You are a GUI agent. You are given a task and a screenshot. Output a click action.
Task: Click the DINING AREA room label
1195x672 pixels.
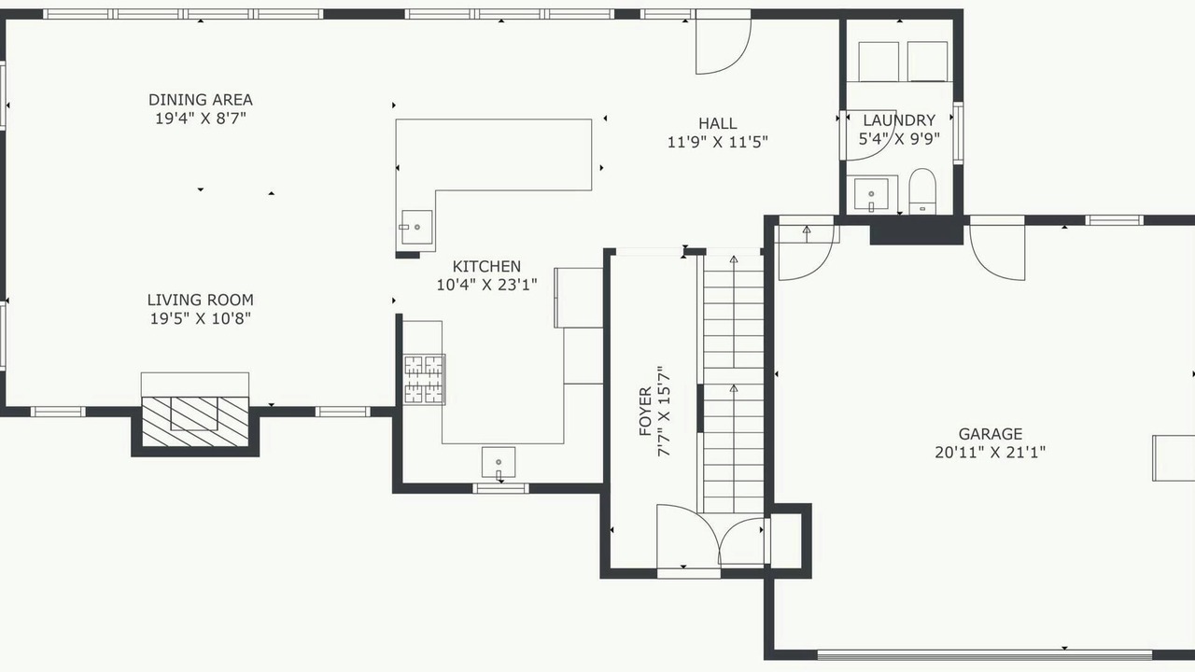pos(201,100)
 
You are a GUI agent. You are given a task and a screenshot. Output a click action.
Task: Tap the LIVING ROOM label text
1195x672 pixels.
pos(201,300)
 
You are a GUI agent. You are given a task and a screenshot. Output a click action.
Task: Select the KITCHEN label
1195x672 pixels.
pos(486,266)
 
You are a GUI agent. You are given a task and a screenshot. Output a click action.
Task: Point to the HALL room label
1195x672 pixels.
pos(718,123)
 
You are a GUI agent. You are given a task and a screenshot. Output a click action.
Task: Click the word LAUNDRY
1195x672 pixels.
pos(899,120)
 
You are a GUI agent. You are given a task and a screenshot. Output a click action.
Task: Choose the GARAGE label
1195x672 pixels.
pos(991,434)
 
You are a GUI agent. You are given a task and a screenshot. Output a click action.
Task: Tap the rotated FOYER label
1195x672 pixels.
pos(645,412)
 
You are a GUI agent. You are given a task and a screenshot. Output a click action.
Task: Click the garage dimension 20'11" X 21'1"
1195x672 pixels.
pos(991,453)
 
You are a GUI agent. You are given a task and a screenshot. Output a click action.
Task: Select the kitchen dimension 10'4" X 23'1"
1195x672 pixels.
pos(486,285)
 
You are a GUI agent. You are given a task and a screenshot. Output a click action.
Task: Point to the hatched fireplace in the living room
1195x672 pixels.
pos(195,421)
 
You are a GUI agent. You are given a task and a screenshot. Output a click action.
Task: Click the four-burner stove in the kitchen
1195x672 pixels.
pos(424,379)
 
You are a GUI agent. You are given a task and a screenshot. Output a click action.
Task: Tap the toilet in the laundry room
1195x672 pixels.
pos(922,191)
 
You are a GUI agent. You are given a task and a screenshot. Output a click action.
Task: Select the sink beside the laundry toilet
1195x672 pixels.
pos(871,194)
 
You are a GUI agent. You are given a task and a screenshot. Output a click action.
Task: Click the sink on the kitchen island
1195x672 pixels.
pos(416,227)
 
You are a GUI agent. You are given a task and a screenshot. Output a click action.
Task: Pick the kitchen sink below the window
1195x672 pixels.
pos(499,462)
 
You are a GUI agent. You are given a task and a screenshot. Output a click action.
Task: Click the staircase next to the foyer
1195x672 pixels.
pos(734,384)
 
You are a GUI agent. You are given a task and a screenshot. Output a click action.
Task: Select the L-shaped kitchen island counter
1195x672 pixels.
pos(494,155)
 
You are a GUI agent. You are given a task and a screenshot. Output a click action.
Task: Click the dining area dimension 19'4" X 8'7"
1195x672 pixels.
pos(201,119)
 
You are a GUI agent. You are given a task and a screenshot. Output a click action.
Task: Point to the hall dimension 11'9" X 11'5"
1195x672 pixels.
pos(718,142)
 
